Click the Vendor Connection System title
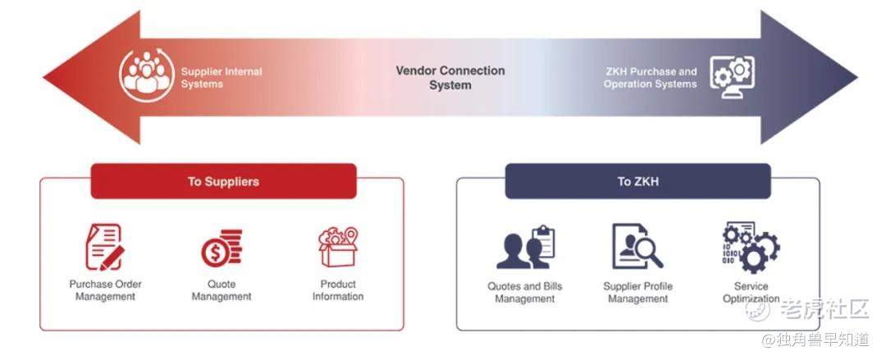(x=450, y=78)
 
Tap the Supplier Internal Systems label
(x=221, y=78)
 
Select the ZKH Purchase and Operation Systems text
(x=651, y=78)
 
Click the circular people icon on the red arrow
(x=146, y=75)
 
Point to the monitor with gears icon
(x=732, y=77)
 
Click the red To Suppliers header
(x=224, y=181)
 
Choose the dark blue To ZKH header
(x=638, y=181)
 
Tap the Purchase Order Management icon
(x=104, y=247)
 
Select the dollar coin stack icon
(x=221, y=248)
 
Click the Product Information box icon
(x=338, y=247)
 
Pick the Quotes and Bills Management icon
(x=526, y=247)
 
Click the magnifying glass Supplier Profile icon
(x=637, y=246)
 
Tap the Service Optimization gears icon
(x=751, y=248)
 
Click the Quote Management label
(x=221, y=290)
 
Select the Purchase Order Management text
(x=105, y=290)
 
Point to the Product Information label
(x=338, y=290)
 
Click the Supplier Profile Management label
(x=638, y=292)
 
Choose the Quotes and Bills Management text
(x=525, y=292)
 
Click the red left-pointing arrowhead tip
(x=43, y=77)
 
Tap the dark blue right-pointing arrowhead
(x=808, y=77)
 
